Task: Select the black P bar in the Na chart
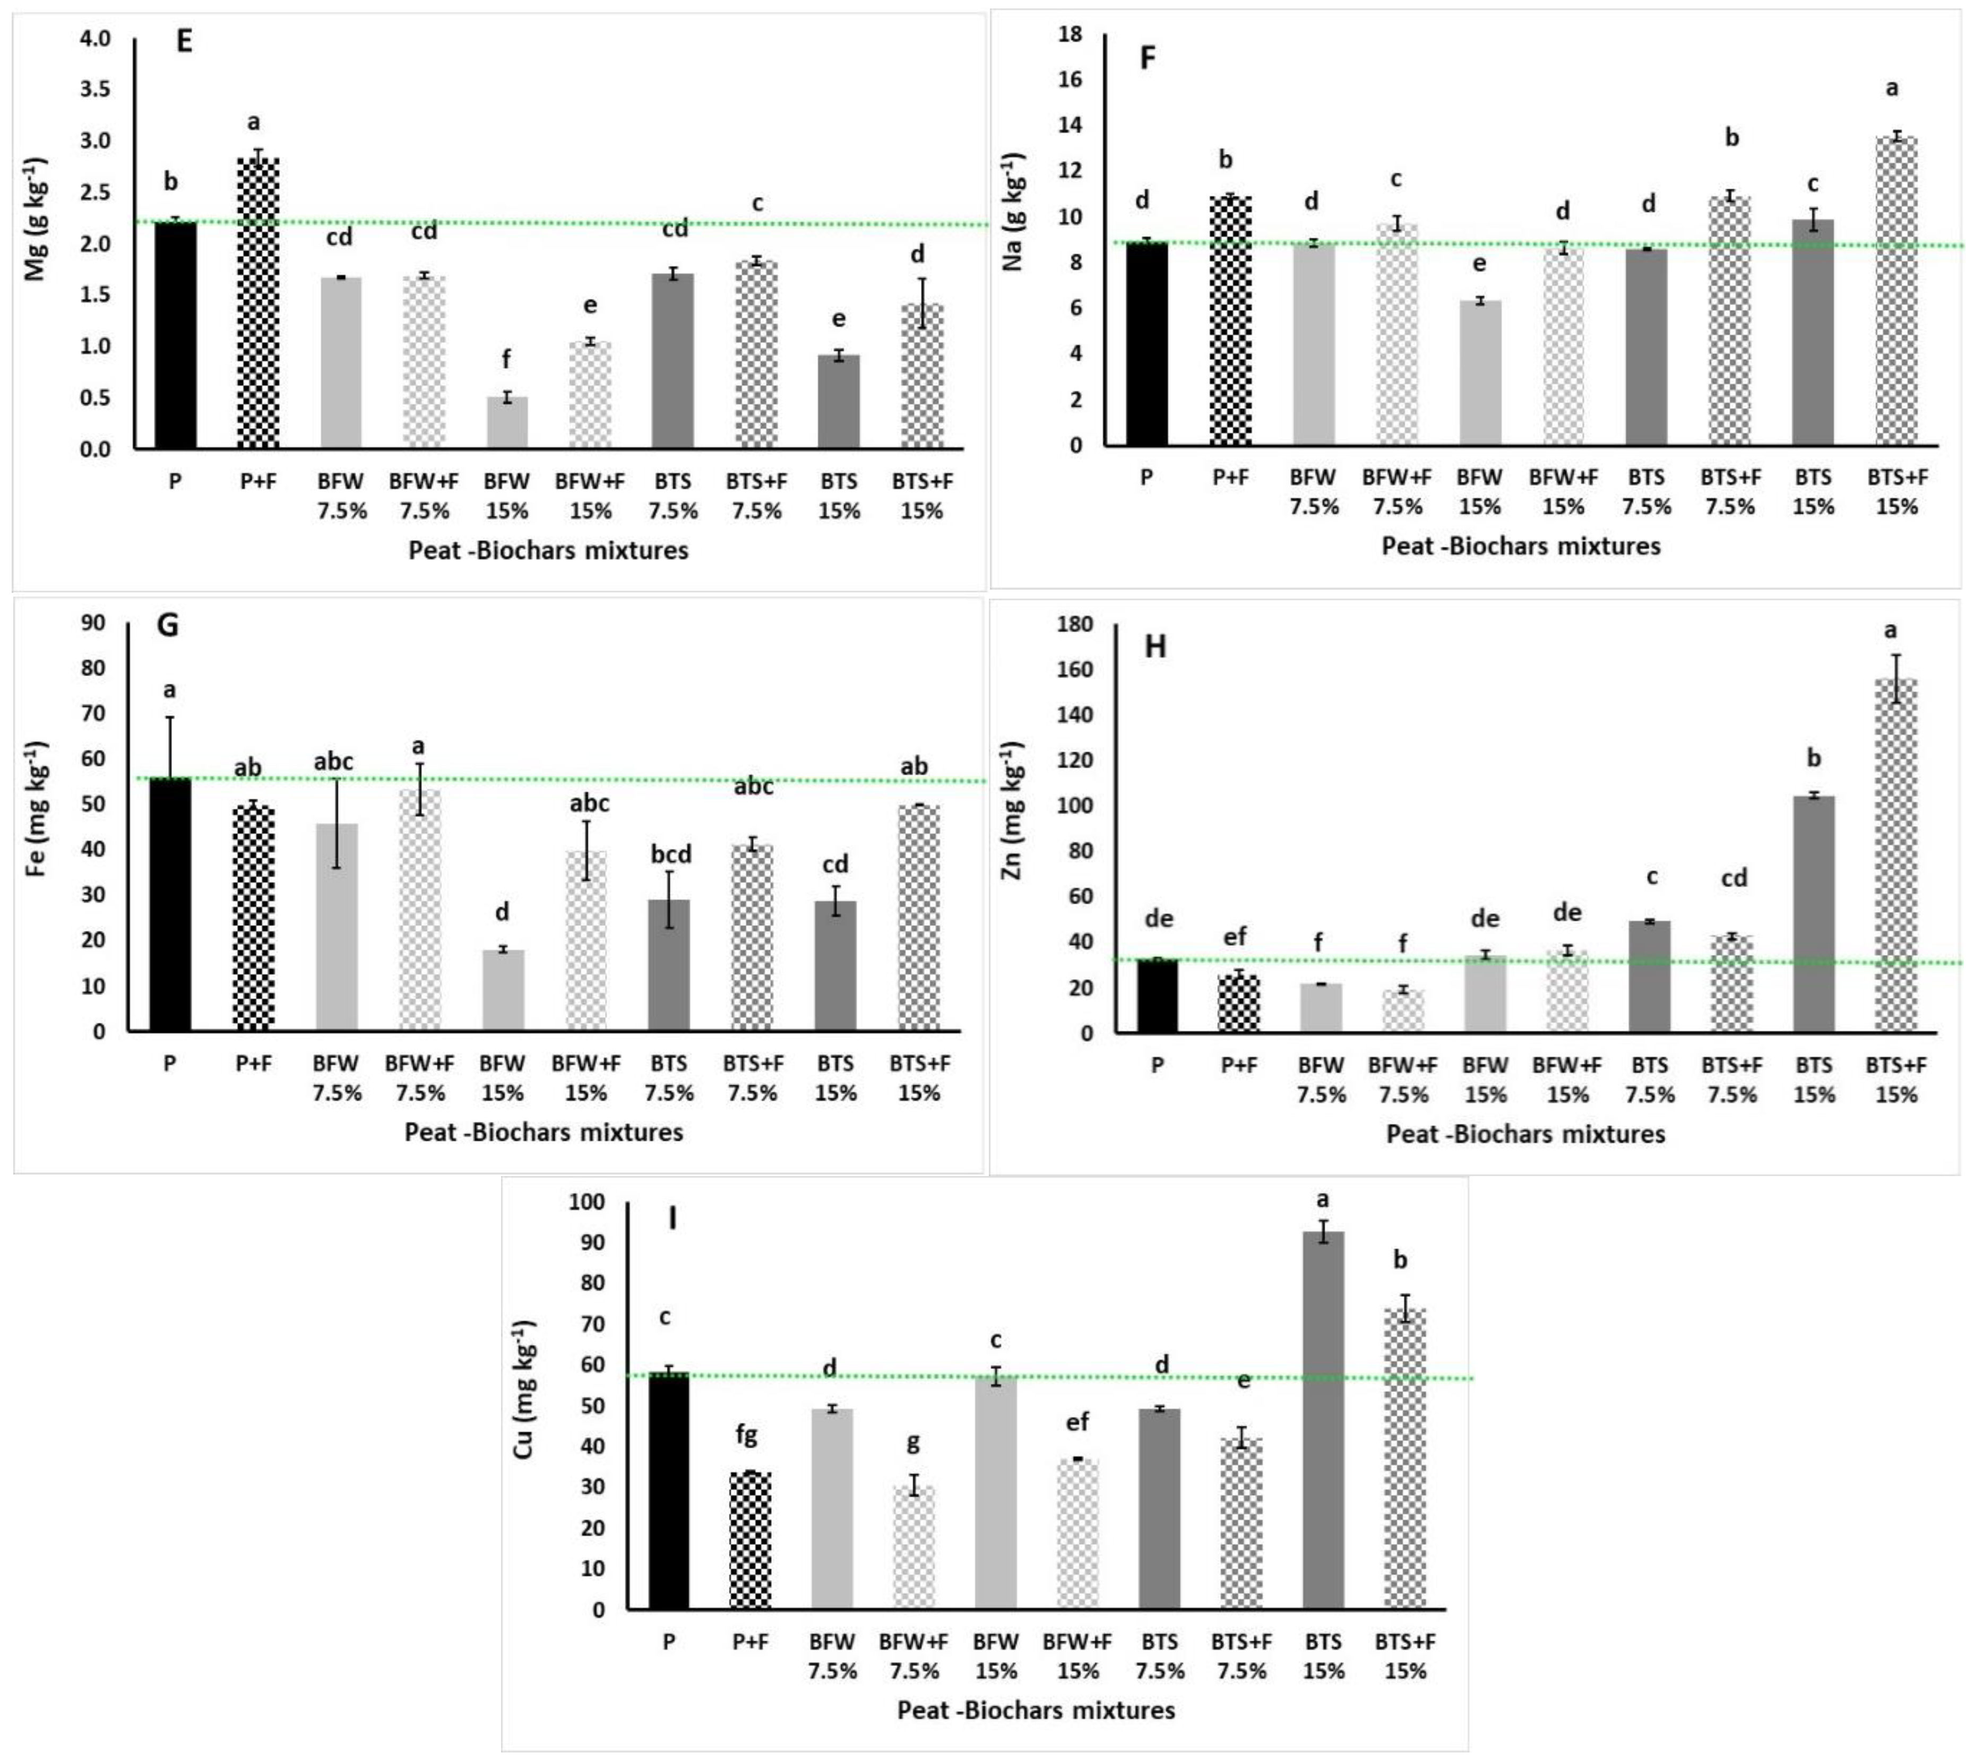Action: pyautogui.click(x=1147, y=344)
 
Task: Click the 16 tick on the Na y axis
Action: pyautogui.click(x=1070, y=80)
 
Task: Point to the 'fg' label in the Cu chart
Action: pyautogui.click(x=746, y=1435)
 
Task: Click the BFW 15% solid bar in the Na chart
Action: pyautogui.click(x=1480, y=373)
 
